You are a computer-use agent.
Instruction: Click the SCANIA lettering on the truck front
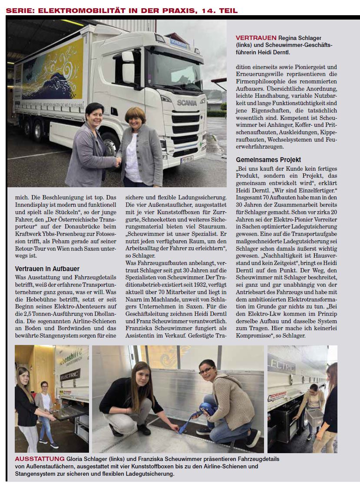point(187,102)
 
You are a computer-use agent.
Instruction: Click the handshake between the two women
point(118,162)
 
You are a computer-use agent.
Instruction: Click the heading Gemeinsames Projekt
point(268,159)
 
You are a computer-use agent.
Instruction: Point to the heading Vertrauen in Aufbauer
point(47,269)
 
